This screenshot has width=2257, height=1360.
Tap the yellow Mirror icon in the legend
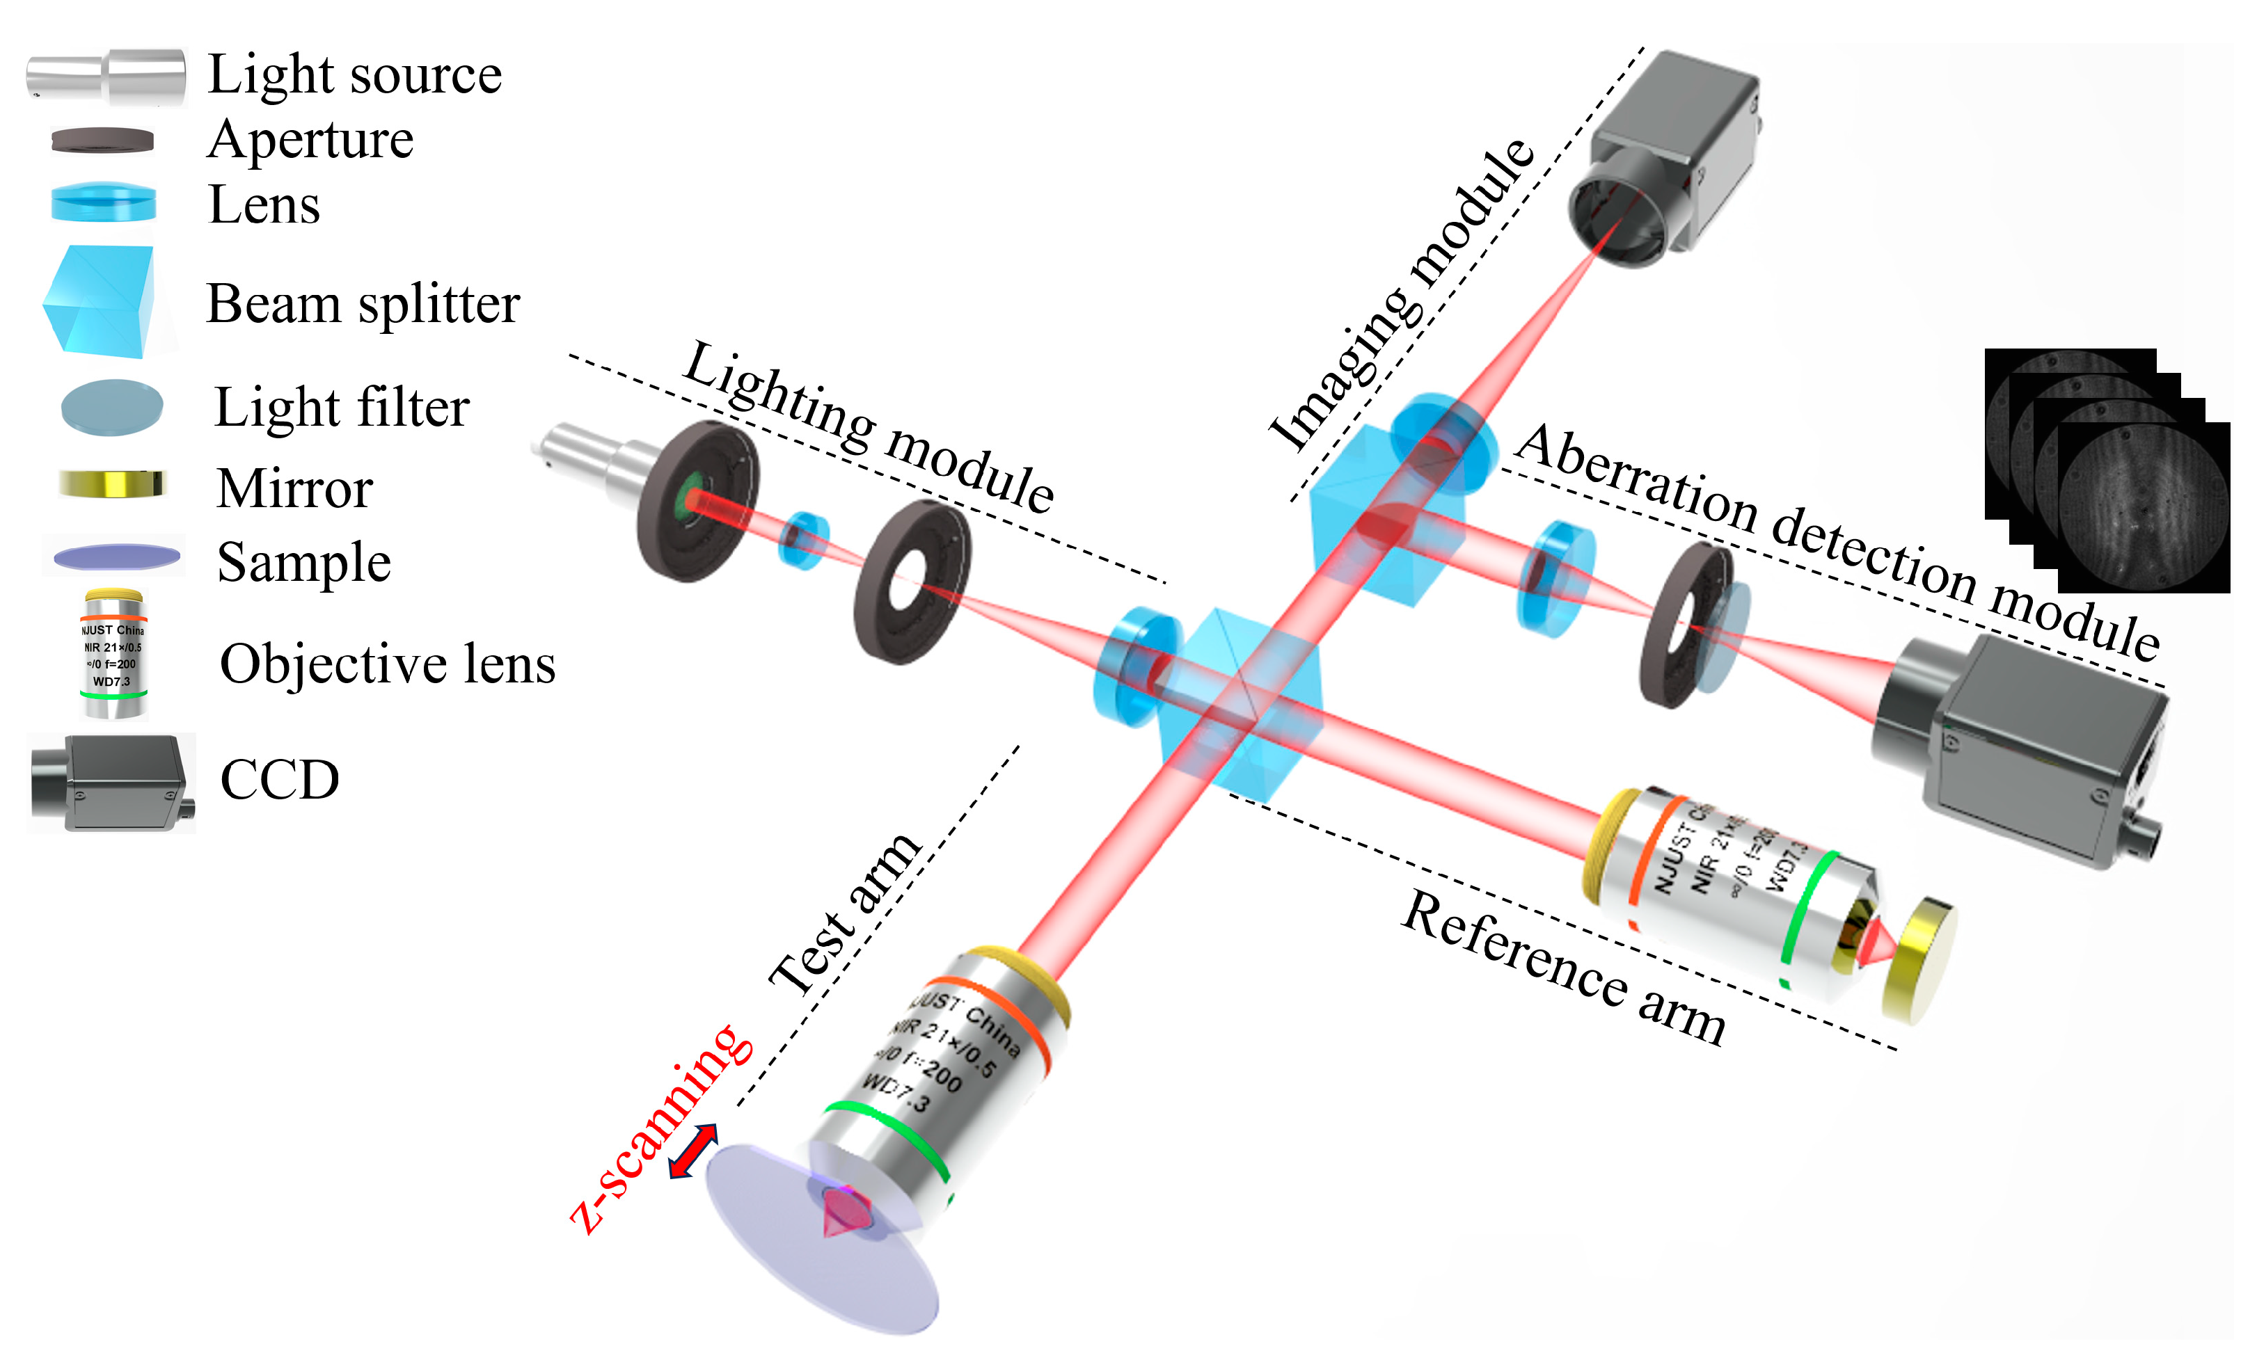pos(112,483)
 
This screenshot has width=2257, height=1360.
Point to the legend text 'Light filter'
pos(341,408)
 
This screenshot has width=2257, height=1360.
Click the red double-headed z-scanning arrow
pos(692,1151)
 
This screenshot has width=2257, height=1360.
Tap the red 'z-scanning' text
pos(660,1131)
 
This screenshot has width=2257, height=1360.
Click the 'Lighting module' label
pos(869,429)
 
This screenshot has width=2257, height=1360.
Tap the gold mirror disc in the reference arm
pos(1919,960)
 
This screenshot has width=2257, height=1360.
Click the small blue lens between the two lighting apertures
pos(803,541)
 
